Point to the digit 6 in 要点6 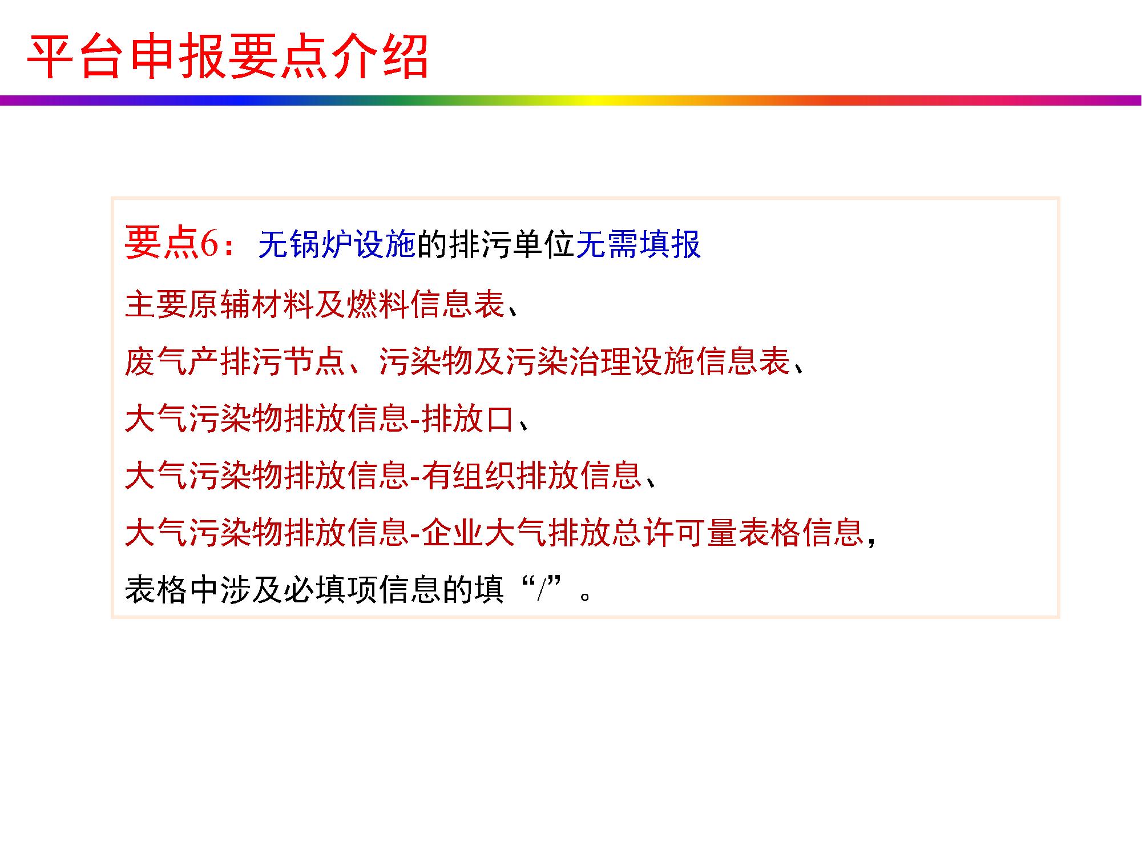(208, 244)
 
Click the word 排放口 (469, 419)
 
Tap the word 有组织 (469, 476)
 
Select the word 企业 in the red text (453, 533)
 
